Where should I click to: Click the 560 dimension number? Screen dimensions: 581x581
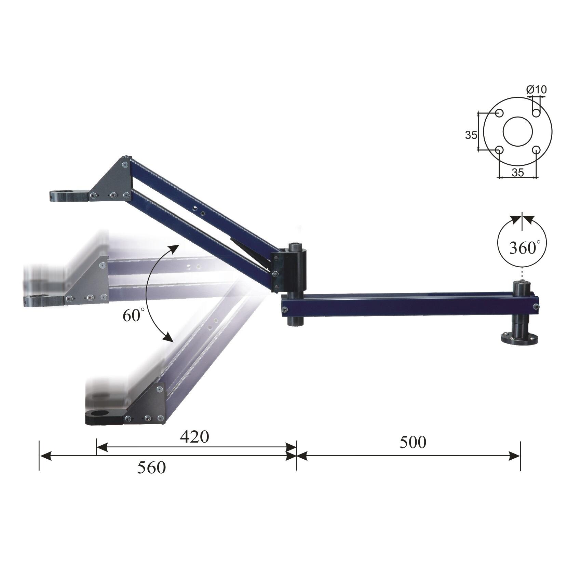point(151,467)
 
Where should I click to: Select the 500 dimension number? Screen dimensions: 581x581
point(413,442)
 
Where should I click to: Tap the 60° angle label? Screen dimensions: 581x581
point(132,315)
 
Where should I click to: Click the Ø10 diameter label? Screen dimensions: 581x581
point(537,90)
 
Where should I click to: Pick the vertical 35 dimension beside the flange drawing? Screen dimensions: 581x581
point(471,135)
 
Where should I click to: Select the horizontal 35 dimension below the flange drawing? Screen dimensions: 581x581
point(517,173)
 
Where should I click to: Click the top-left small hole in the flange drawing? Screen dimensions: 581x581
point(499,113)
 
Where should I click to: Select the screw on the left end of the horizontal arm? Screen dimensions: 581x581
point(284,310)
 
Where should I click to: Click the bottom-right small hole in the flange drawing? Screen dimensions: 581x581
point(536,150)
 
